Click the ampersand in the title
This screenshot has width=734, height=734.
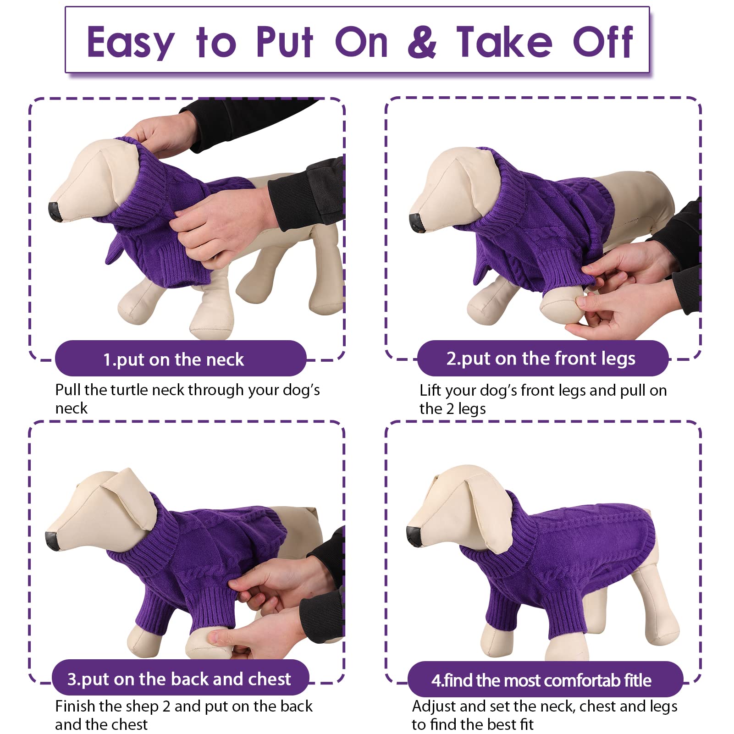tap(422, 42)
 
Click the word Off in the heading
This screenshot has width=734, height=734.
tap(603, 42)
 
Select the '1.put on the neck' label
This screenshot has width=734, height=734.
tap(174, 359)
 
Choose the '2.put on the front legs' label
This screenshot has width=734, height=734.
tap(541, 359)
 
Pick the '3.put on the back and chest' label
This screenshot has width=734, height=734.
tap(179, 679)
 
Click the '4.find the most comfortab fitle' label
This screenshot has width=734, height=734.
tap(541, 680)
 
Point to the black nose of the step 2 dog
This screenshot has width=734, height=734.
tap(416, 222)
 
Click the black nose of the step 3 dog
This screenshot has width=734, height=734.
tap(53, 541)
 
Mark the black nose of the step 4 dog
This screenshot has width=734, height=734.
tap(414, 536)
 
